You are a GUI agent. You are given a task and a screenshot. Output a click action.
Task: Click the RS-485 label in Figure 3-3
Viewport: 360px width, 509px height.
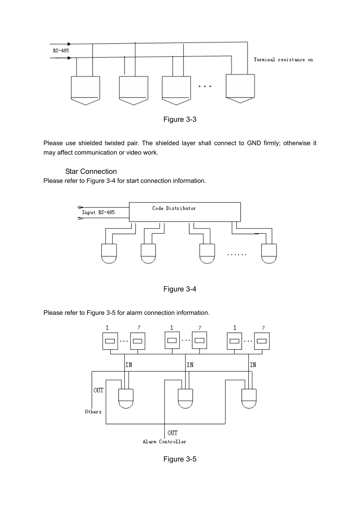click(61, 51)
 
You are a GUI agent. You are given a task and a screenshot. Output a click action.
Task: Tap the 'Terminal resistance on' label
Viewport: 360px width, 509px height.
click(283, 60)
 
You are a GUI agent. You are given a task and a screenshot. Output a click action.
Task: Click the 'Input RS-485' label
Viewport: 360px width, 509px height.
click(98, 213)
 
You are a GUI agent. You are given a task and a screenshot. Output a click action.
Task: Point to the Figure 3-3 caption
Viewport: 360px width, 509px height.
click(180, 119)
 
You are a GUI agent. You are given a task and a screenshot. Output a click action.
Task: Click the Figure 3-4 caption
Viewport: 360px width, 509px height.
click(180, 289)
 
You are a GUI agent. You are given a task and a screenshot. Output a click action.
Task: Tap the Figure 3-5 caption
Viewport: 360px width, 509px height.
click(180, 459)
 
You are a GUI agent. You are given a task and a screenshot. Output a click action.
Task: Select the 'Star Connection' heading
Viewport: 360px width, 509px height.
click(91, 171)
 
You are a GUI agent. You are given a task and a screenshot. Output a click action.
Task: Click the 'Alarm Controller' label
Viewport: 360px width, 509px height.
click(165, 442)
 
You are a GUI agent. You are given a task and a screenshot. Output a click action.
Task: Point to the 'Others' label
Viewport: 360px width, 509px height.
click(93, 411)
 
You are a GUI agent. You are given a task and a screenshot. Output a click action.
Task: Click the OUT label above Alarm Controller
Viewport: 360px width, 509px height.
click(172, 433)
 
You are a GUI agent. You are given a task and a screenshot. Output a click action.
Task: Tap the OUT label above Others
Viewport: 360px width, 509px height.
click(98, 390)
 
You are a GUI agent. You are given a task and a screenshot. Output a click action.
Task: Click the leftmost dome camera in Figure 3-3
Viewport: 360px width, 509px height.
click(85, 90)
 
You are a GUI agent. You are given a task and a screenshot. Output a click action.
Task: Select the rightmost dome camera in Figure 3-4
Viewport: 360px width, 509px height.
click(269, 254)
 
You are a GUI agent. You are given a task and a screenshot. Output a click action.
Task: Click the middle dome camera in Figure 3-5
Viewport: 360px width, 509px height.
click(185, 399)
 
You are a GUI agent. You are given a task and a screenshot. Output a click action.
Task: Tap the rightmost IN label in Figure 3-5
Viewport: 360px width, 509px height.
click(253, 365)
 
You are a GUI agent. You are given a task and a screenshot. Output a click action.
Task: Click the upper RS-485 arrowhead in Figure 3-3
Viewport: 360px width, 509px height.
click(69, 44)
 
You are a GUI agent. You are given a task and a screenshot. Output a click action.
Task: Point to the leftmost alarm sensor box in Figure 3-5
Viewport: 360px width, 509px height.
click(110, 341)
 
